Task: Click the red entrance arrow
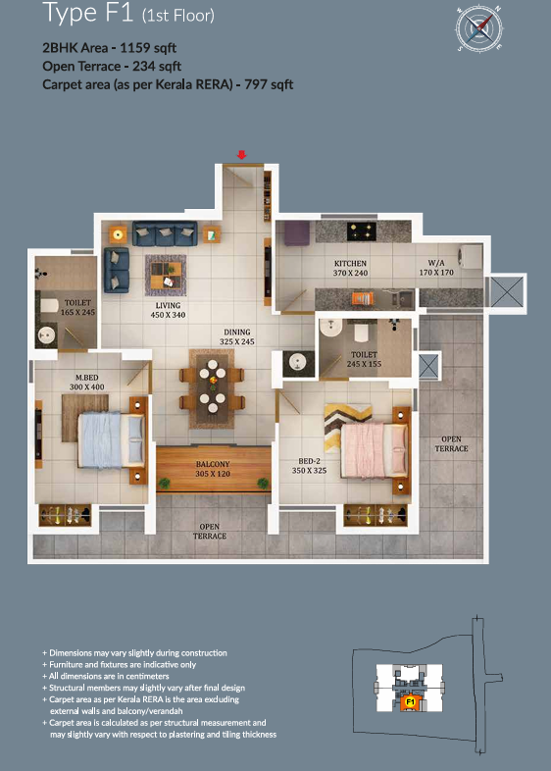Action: [241, 155]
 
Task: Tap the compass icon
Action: [478, 28]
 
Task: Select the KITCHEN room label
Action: [350, 264]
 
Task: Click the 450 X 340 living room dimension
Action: [168, 315]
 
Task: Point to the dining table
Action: [213, 387]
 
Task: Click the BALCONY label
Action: [213, 464]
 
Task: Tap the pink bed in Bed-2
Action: [374, 450]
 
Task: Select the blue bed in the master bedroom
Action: [111, 440]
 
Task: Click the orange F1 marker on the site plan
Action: [410, 701]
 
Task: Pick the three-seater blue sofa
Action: [165, 233]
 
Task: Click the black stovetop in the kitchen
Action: [361, 231]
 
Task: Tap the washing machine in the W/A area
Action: [470, 257]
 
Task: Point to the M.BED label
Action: [87, 378]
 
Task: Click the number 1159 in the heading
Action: [134, 48]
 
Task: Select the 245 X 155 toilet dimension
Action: [364, 364]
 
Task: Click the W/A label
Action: [436, 263]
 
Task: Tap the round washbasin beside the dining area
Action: [298, 363]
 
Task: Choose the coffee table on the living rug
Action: [166, 276]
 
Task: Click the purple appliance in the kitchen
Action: [297, 232]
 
